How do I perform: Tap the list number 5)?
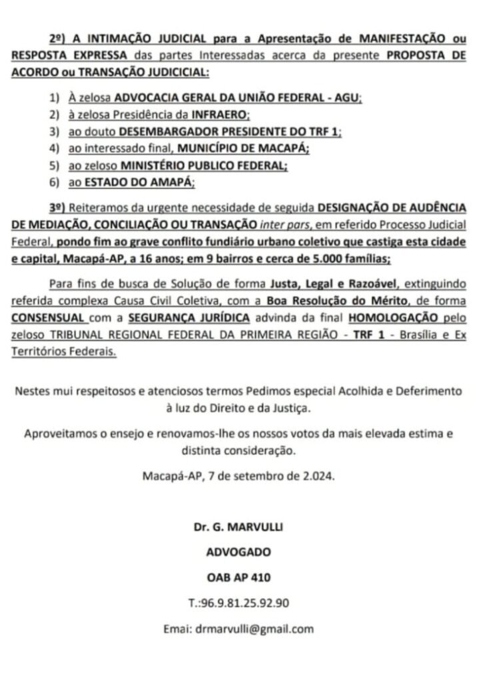[x=54, y=164]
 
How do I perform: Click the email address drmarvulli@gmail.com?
[x=254, y=628]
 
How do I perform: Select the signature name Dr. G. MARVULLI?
[x=238, y=527]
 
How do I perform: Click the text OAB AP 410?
[x=238, y=577]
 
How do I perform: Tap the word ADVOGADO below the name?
[x=238, y=552]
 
